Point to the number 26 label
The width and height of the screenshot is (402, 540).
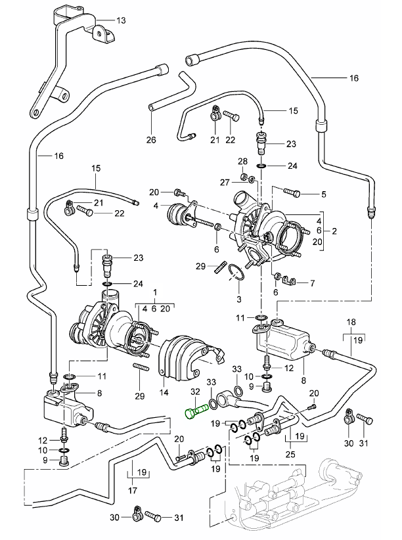151,140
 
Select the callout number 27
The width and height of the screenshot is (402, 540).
224,182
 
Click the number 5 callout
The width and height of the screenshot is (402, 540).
323,193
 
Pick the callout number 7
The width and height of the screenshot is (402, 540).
312,283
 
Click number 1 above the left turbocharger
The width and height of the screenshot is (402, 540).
155,291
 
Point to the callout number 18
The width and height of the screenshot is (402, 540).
351,323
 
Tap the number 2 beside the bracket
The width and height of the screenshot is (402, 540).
334,231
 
